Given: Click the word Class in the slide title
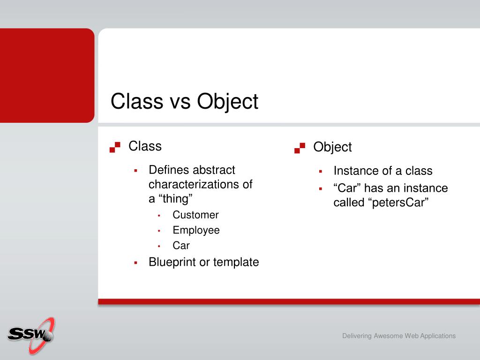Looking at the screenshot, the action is point(137,101).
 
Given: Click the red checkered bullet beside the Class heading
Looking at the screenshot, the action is point(115,147).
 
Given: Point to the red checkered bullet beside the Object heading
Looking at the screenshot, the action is point(300,148).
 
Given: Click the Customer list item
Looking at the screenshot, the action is point(195,215).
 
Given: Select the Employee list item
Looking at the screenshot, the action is point(196,230).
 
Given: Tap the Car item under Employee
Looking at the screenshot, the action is point(181,246).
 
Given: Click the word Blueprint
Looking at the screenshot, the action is point(172,262).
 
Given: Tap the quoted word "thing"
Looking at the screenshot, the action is point(175,199).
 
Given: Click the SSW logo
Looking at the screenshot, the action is point(31,336).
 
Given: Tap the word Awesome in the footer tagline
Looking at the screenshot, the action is point(388,336).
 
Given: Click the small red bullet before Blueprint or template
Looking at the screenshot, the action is point(135,262).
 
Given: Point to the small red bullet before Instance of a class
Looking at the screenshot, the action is point(321,172).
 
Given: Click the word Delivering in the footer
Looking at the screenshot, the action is point(357,336).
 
